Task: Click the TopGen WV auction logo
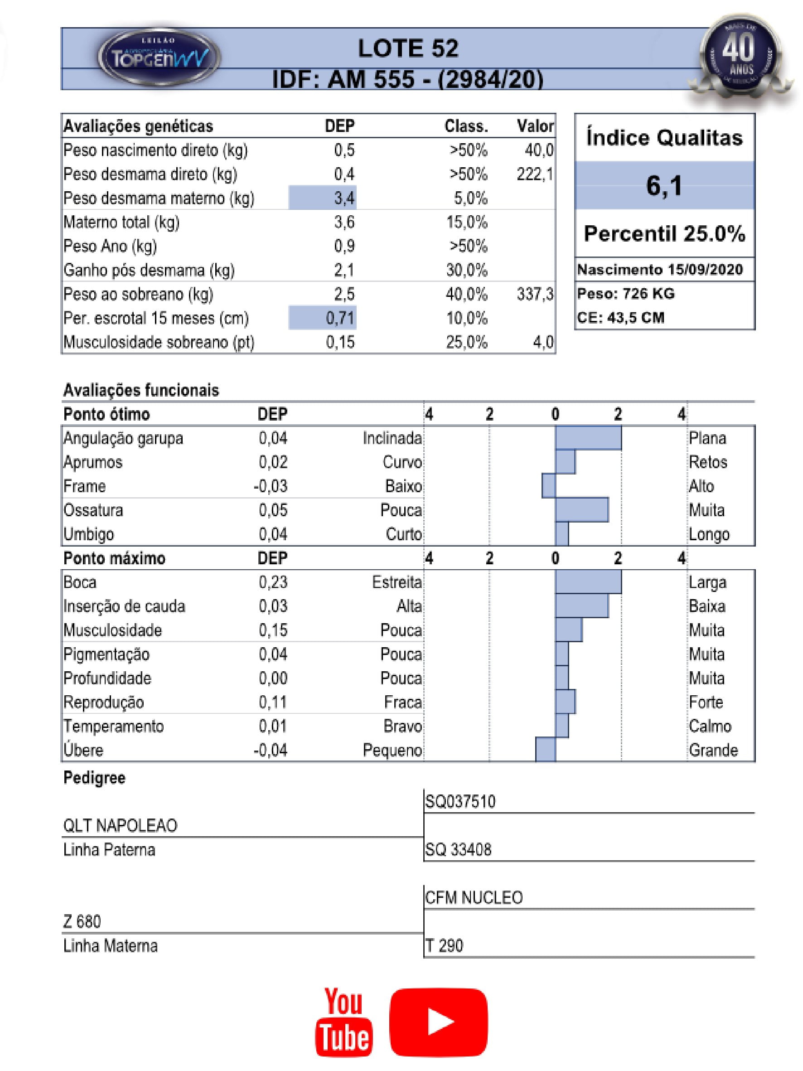tap(160, 58)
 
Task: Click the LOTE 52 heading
tap(407, 48)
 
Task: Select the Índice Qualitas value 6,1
tap(664, 185)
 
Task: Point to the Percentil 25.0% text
tap(664, 233)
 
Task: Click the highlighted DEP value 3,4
tap(323, 198)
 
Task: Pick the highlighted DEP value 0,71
tap(323, 318)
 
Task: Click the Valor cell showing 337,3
tap(534, 294)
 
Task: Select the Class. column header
tap(466, 126)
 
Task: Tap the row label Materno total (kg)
tap(121, 222)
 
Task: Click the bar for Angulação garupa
tap(588, 438)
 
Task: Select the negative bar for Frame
tap(548, 485)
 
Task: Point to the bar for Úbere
tap(545, 750)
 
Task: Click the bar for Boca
tap(588, 582)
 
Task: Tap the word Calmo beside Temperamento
tap(710, 726)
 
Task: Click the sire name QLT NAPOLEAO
tap(120, 825)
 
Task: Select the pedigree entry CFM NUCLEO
tap(474, 897)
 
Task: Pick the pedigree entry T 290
tap(444, 945)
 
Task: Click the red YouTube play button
tap(439, 1022)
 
